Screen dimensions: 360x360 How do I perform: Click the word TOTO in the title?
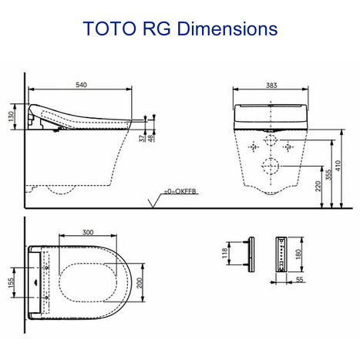coord(109,29)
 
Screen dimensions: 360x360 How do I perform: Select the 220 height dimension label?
coord(318,185)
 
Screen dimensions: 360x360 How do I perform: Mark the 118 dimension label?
coord(224,254)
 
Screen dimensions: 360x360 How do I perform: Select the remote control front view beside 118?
coord(249,254)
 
